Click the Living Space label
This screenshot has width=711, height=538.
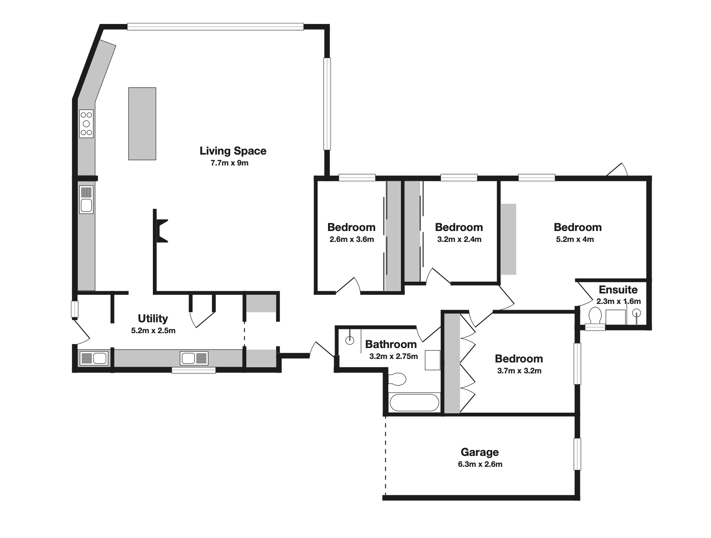(x=233, y=151)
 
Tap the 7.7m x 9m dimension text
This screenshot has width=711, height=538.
(x=229, y=163)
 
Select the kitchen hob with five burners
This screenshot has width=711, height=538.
(x=86, y=124)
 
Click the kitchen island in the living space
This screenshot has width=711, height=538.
(x=142, y=124)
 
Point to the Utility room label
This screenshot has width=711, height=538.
(x=153, y=319)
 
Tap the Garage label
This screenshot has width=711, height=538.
(x=480, y=452)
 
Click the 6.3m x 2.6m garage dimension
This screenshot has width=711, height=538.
(x=480, y=464)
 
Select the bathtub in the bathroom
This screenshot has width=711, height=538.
(x=414, y=403)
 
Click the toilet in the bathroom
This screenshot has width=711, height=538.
(x=397, y=379)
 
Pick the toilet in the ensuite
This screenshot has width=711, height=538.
(x=595, y=315)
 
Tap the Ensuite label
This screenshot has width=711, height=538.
(x=618, y=290)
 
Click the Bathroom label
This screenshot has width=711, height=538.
(x=391, y=344)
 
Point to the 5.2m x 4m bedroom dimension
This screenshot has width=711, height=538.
(x=575, y=239)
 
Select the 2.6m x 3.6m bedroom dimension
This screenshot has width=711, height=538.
(x=352, y=239)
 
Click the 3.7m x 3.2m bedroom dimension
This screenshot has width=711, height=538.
(x=519, y=371)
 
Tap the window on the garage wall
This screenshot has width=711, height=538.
(x=577, y=454)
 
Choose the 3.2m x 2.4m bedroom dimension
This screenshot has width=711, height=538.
(x=459, y=239)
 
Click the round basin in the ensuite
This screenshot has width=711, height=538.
(x=636, y=313)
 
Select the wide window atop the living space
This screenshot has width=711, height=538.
(x=215, y=27)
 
